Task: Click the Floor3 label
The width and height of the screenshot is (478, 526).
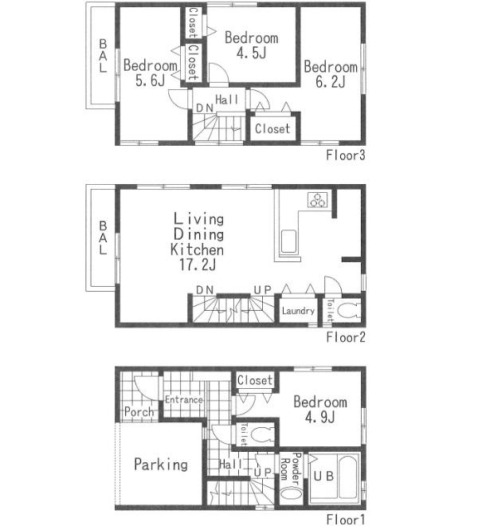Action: click(x=345, y=155)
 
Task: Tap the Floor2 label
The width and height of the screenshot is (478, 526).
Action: click(x=345, y=337)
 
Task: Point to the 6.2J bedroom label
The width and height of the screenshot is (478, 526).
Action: click(x=330, y=75)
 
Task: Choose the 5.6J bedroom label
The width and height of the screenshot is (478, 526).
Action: click(x=150, y=73)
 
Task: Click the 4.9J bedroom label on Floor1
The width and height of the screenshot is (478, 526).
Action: click(x=319, y=410)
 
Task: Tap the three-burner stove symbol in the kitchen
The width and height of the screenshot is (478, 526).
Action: click(x=319, y=200)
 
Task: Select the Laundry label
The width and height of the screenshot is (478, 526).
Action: click(x=298, y=311)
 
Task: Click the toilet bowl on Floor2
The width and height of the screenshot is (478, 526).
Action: click(x=349, y=310)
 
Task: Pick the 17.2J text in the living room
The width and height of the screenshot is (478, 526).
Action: click(x=197, y=265)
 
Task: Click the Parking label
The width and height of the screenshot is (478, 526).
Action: click(x=161, y=464)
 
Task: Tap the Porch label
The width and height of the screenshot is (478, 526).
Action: click(x=139, y=413)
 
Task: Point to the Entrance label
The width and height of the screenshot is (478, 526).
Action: click(x=183, y=400)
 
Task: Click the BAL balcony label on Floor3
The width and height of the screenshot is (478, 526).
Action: click(x=102, y=56)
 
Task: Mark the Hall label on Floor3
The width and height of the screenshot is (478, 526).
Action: click(x=226, y=100)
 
